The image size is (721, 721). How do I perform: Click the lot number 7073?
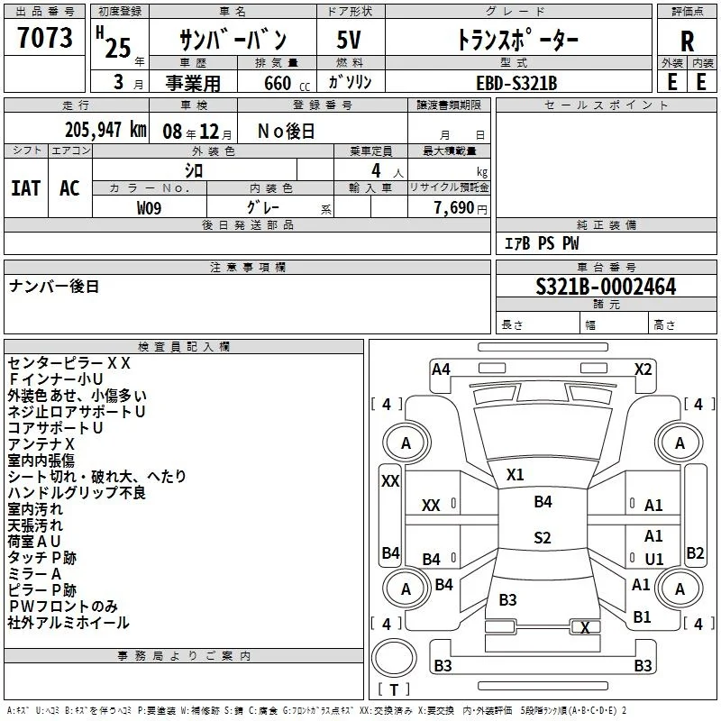pos(44,37)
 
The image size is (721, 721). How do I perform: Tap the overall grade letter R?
pos(687,41)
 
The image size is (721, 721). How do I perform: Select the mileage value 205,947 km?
pos(105,130)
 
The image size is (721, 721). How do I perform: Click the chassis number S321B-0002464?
pos(606,287)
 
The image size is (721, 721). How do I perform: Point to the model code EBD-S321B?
pos(516,83)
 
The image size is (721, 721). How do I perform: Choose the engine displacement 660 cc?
pos(287,84)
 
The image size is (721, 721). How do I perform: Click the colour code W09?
pos(149,208)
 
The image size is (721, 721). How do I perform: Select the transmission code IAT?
pos(26,188)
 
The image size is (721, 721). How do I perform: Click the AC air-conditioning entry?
pos(69,188)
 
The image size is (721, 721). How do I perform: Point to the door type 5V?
pos(349,40)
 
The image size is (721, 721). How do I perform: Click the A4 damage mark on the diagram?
pos(441,370)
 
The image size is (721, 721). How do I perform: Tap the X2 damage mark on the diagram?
pos(643,370)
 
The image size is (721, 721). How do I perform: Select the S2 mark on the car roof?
pos(543,537)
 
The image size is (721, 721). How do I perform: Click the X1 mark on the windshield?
pos(515,475)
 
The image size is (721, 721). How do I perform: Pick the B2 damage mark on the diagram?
pos(695,552)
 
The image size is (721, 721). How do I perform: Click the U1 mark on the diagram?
pos(654,559)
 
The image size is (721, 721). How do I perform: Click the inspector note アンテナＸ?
pos(41,444)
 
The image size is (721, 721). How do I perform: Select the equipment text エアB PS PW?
pos(542,243)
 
